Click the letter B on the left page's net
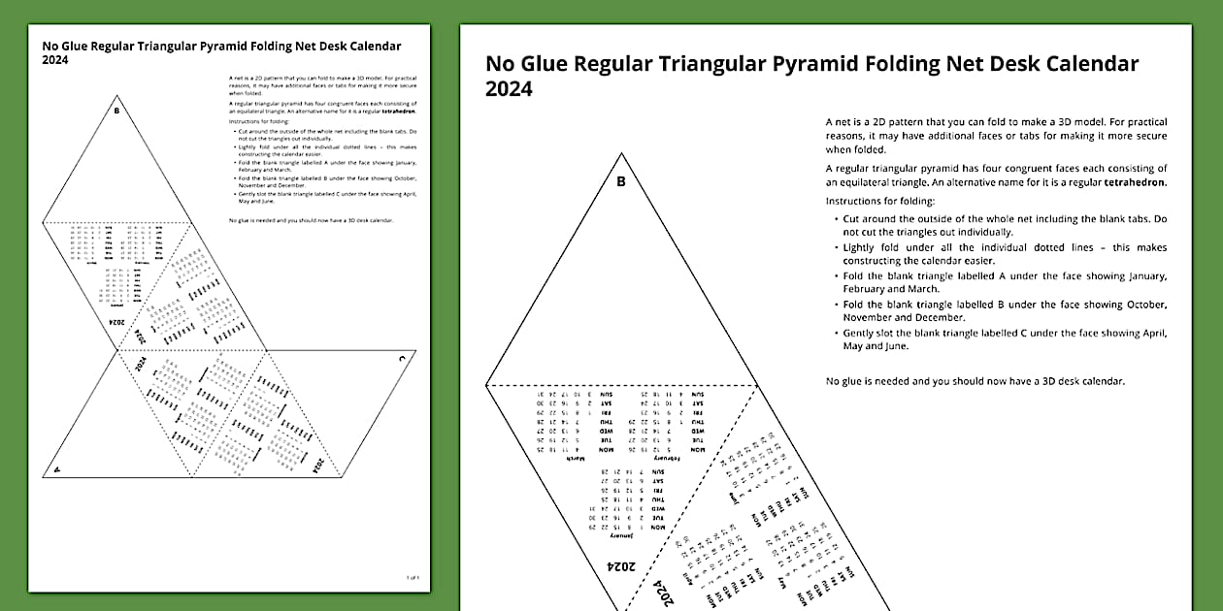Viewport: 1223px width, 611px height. point(116,111)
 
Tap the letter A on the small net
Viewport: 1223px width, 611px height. point(56,468)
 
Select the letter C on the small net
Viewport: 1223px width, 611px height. point(401,359)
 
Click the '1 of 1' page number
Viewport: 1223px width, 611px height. point(413,577)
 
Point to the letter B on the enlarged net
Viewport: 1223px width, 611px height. point(621,181)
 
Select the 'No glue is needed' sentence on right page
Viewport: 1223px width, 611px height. point(975,381)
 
